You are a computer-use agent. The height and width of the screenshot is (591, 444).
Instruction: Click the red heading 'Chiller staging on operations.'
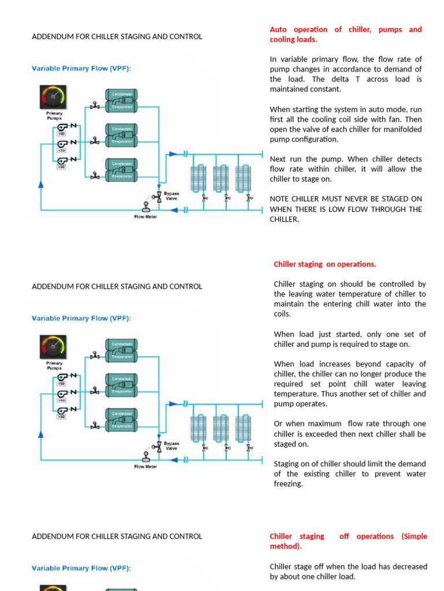[x=324, y=264]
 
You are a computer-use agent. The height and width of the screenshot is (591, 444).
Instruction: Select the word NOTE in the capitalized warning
[x=282, y=199]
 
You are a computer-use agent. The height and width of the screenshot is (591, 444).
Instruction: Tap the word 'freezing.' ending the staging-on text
[x=288, y=484]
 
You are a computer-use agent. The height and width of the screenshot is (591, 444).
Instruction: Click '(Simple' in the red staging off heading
[x=415, y=536]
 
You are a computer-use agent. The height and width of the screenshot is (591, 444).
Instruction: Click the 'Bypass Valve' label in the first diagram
[x=172, y=196]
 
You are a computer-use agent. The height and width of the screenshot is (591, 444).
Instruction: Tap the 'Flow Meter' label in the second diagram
[x=146, y=466]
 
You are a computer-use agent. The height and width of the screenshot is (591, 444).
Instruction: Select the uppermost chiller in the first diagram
[x=121, y=99]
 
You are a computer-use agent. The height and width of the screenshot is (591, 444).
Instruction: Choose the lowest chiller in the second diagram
[x=121, y=420]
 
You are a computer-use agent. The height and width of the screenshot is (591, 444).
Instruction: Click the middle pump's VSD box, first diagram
[x=61, y=150]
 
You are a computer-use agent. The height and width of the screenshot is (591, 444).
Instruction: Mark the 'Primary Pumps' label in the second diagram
[x=54, y=365]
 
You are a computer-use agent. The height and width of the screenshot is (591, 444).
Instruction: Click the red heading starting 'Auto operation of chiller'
[x=346, y=34]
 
